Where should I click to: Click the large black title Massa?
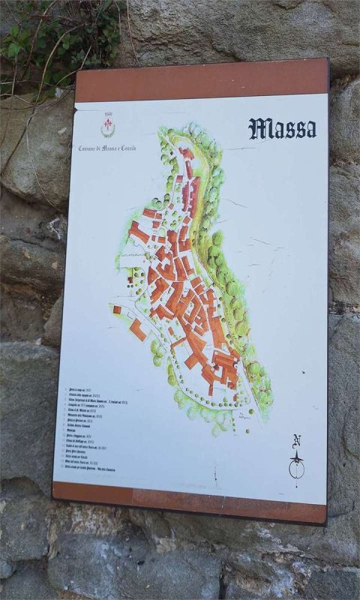(x=282, y=128)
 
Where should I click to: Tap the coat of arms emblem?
(x=108, y=129)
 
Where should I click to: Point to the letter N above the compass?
(x=297, y=440)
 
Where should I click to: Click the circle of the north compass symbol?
(x=298, y=469)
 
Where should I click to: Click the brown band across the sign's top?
(x=201, y=80)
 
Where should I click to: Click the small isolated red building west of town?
(x=117, y=309)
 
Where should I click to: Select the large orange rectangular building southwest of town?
(x=137, y=329)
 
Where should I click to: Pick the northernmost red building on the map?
(x=185, y=153)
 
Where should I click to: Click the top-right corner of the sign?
(x=327, y=60)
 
